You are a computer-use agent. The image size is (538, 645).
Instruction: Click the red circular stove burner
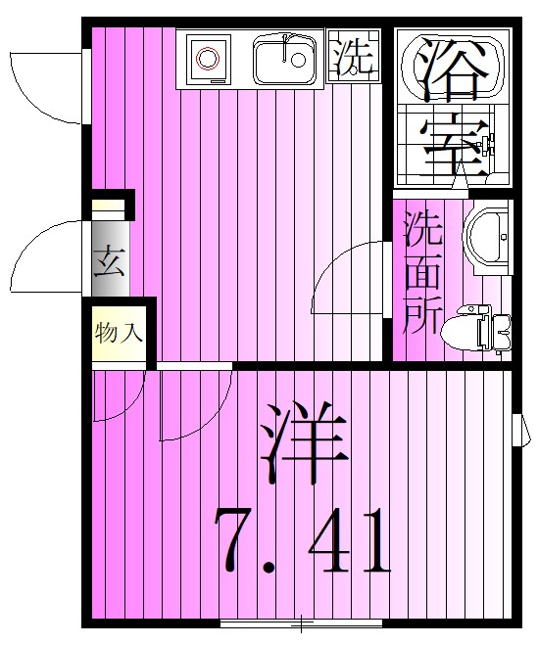coord(206,60)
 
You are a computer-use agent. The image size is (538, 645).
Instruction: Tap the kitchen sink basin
coord(284,61)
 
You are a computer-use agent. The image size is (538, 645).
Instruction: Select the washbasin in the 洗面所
coord(487,236)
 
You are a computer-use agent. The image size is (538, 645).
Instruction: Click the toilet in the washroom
coord(480,327)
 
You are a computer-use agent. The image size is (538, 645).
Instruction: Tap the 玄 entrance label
coord(108,262)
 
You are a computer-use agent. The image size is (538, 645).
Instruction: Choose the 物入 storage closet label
coord(119,332)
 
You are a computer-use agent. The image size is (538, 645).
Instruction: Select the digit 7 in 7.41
coord(241,540)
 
